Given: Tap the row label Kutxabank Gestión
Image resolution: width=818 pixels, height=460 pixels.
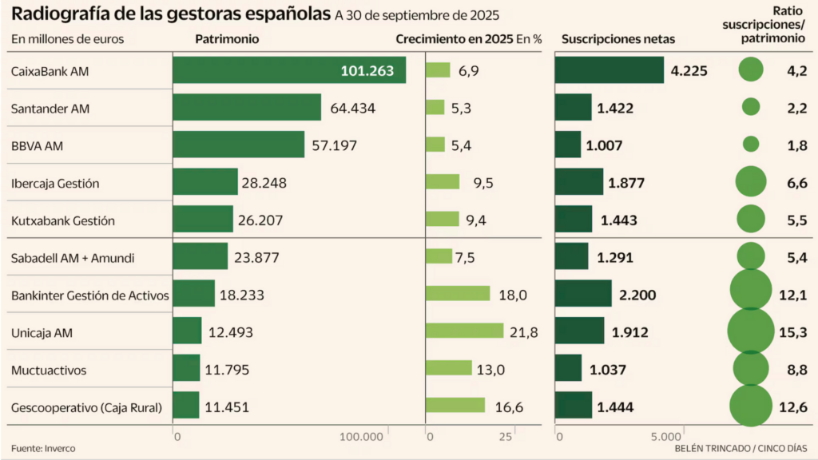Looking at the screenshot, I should pyautogui.click(x=63, y=220).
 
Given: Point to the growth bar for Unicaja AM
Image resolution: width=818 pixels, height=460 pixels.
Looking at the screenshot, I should pyautogui.click(x=465, y=331).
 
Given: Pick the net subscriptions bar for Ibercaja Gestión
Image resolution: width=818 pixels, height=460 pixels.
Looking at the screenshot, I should pyautogui.click(x=579, y=183).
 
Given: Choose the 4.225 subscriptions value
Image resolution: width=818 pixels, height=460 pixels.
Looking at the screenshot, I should pyautogui.click(x=689, y=70).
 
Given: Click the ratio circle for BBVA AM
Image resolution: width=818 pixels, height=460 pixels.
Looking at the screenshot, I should pyautogui.click(x=751, y=145).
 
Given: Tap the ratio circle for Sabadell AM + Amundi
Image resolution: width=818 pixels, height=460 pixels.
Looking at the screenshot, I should pyautogui.click(x=751, y=256).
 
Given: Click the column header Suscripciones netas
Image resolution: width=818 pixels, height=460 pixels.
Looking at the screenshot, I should pyautogui.click(x=618, y=39).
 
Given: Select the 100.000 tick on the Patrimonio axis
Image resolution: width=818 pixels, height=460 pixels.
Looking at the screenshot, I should pyautogui.click(x=361, y=437).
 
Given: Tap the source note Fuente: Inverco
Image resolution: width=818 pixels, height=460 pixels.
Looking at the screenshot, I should pyautogui.click(x=43, y=449).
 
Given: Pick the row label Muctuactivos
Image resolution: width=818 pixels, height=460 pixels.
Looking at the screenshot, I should pyautogui.click(x=49, y=371).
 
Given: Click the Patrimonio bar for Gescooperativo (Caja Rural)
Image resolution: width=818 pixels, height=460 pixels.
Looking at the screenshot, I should pyautogui.click(x=186, y=406).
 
